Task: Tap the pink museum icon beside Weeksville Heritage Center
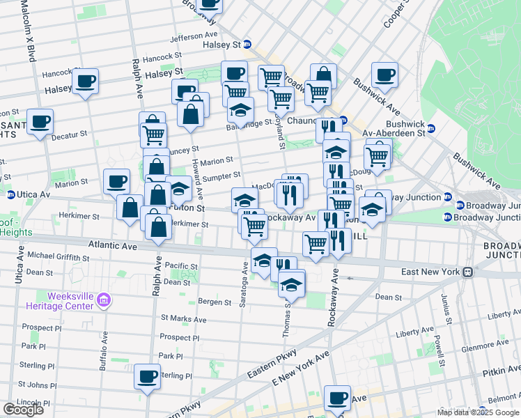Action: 104,301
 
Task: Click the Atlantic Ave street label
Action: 114,245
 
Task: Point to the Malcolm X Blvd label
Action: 28,31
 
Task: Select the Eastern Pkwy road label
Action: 269,369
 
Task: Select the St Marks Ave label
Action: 183,319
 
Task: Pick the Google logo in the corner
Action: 22,410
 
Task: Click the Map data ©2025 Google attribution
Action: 478,412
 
